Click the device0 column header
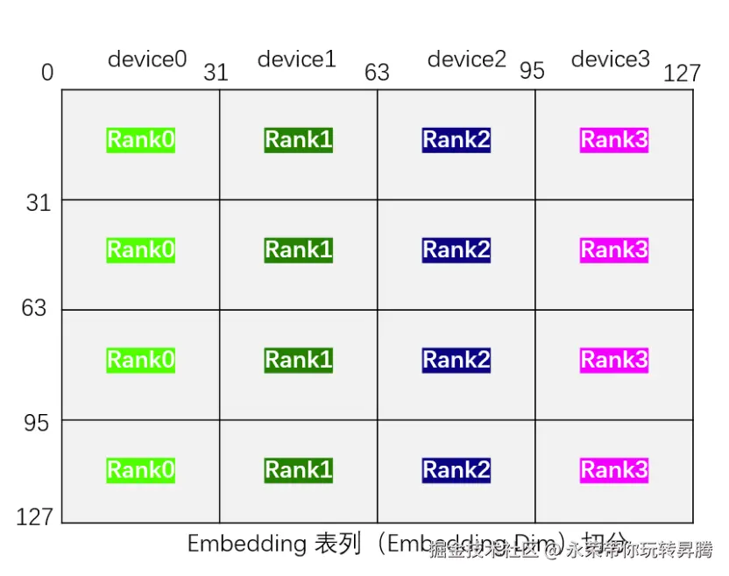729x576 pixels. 147,60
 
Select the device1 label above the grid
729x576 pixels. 296,60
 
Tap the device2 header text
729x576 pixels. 466,60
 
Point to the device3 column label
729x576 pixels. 611,60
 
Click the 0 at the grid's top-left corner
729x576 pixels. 47,73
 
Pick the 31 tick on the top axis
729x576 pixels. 216,73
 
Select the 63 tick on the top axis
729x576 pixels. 377,72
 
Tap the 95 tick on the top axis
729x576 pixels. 532,70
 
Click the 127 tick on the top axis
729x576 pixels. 683,73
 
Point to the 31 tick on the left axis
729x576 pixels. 38,203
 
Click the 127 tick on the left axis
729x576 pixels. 34,516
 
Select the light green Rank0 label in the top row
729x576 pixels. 140,140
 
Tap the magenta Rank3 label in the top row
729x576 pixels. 614,140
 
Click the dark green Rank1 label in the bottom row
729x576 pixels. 298,470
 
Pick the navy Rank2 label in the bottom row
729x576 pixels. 456,470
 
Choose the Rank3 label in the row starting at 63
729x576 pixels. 614,360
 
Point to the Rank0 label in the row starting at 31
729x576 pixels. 140,250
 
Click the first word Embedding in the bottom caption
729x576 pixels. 246,544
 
